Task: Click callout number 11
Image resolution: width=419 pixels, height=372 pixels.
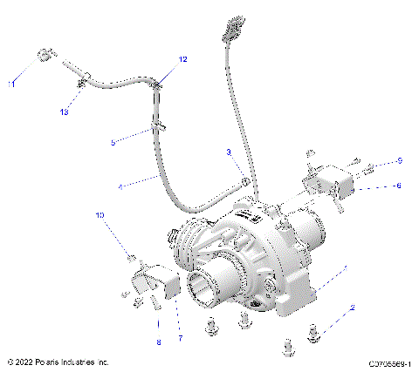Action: [x=11, y=85]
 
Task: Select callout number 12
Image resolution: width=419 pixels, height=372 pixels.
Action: [x=184, y=60]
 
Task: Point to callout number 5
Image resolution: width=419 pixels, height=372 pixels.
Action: [x=113, y=141]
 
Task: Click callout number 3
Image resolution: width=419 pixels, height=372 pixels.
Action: [x=229, y=152]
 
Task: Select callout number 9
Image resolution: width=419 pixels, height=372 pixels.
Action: [x=399, y=161]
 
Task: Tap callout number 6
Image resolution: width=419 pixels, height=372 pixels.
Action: [x=399, y=186]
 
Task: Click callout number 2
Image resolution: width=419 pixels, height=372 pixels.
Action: [x=353, y=308]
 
